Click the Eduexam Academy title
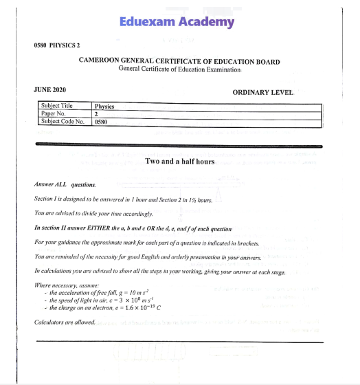pyautogui.click(x=177, y=22)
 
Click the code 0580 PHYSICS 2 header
pyautogui.click(x=57, y=45)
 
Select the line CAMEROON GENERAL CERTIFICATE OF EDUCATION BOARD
pyautogui.click(x=179, y=61)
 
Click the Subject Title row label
pyautogui.click(x=57, y=107)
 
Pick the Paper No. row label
pyautogui.click(x=53, y=113)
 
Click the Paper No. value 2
pyautogui.click(x=96, y=114)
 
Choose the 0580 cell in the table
pyautogui.click(x=102, y=122)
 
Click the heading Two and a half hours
pyautogui.click(x=180, y=162)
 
